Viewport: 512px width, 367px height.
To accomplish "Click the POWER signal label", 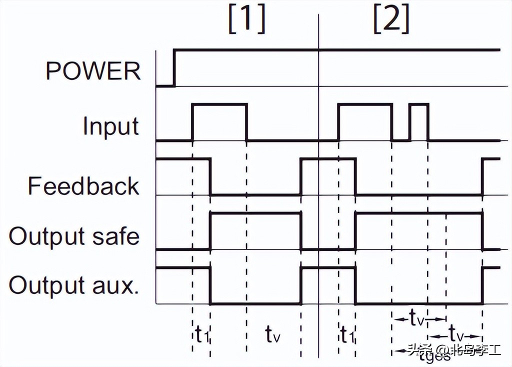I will [93, 71].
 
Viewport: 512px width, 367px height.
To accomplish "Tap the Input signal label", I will [111, 125].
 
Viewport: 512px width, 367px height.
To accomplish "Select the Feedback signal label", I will [83, 186].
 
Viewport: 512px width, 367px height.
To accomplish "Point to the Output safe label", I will [74, 235].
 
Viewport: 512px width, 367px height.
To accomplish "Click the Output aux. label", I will [74, 285].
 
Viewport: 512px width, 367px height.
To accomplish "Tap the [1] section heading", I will [246, 20].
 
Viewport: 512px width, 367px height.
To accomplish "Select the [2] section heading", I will [391, 20].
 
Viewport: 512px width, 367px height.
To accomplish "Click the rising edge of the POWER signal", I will [174, 67].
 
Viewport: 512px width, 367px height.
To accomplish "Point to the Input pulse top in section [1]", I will [219, 104].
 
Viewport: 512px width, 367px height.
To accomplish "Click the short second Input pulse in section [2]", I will [419, 104].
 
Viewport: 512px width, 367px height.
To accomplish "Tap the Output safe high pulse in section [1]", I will [255, 213].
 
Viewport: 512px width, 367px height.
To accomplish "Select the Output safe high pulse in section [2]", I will [418, 213].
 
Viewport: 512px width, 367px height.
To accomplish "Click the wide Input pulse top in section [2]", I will [365, 104].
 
